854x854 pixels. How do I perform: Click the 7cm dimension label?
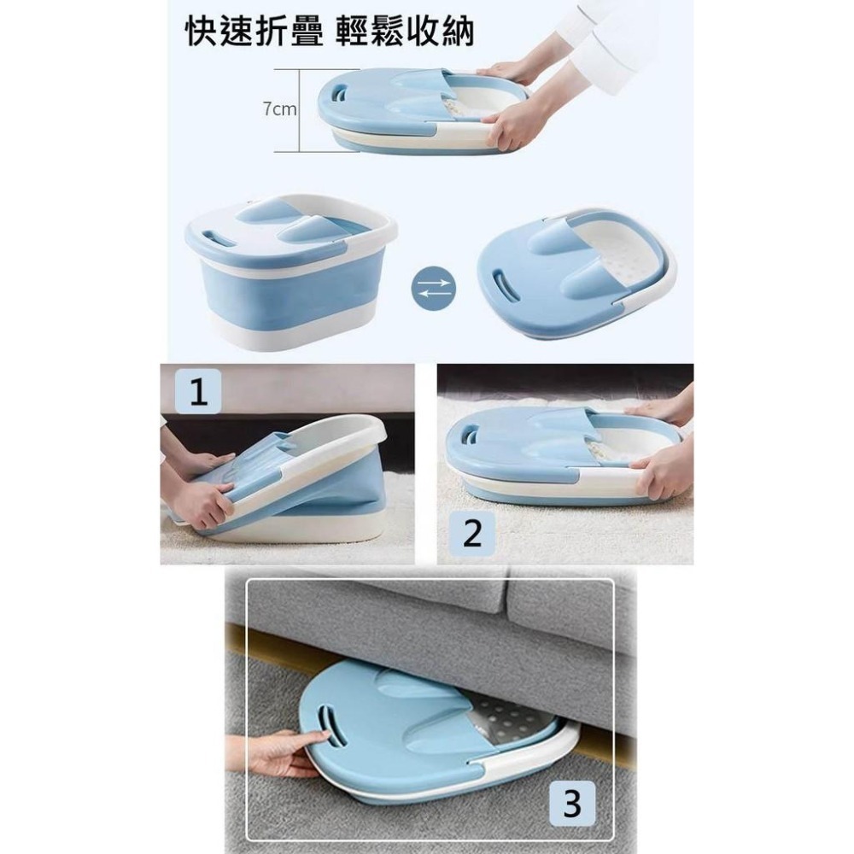(x=279, y=109)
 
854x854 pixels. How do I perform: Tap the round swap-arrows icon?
(x=433, y=287)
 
